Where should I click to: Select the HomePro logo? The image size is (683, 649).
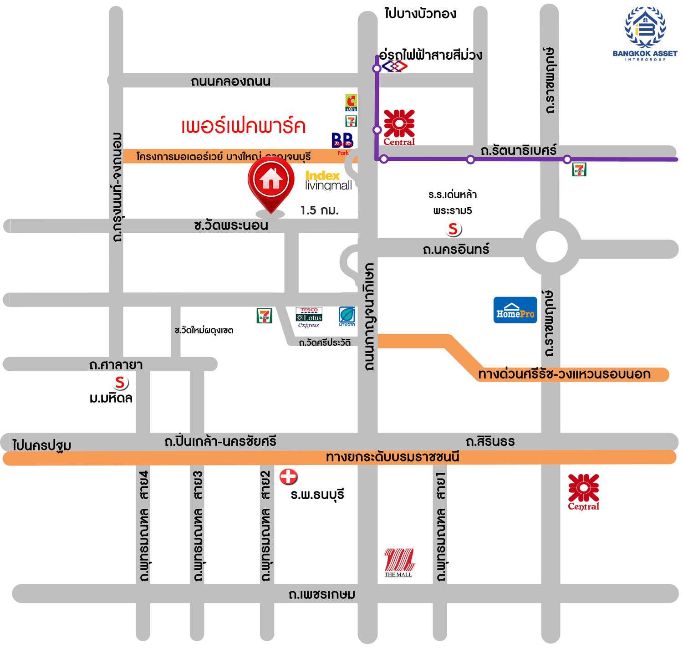click(515, 311)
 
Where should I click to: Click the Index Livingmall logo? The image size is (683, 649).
click(328, 180)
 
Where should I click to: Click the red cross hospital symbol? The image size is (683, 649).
click(288, 477)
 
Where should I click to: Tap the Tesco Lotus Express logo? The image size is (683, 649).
click(309, 317)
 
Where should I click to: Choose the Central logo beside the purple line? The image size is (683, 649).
click(399, 127)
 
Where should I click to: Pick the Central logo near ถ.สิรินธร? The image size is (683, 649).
click(583, 492)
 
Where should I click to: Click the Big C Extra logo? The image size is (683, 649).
click(351, 102)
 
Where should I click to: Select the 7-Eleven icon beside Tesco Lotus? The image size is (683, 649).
click(264, 316)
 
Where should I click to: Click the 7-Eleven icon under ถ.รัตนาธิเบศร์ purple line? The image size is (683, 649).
click(579, 169)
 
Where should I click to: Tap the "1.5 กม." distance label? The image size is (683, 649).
click(319, 210)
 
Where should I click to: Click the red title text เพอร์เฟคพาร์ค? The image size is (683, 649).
click(243, 126)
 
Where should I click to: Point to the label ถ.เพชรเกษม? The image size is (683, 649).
click(321, 594)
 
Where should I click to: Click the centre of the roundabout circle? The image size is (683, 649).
click(551, 246)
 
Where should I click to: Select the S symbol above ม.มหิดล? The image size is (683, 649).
click(120, 383)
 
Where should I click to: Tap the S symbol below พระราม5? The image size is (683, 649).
click(453, 229)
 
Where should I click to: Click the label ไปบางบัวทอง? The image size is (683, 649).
click(420, 14)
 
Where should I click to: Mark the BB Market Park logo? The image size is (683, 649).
click(342, 142)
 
